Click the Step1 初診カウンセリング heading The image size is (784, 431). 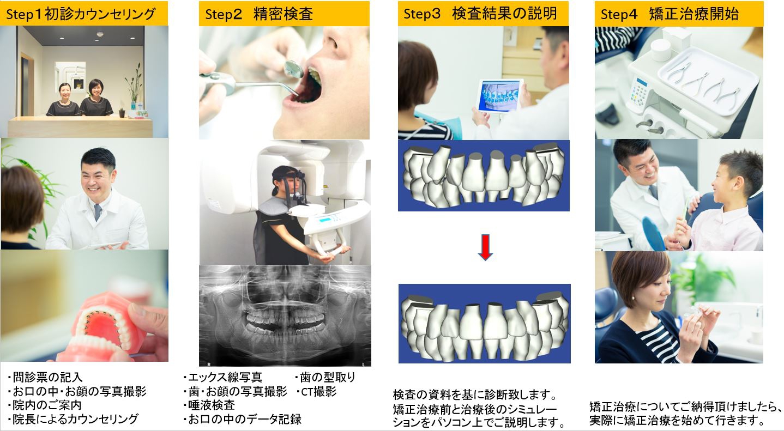[81, 14]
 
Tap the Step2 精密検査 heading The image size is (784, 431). [258, 14]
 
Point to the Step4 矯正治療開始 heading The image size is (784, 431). [670, 14]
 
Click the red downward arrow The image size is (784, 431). [485, 247]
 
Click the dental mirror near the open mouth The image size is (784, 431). [293, 69]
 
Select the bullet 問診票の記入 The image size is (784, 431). [45, 377]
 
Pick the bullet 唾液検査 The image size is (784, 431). [209, 405]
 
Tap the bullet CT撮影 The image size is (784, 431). [316, 391]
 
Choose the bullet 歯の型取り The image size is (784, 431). [325, 377]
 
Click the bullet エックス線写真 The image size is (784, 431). [222, 377]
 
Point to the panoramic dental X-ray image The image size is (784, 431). [285, 315]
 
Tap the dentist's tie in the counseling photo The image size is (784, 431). [98, 212]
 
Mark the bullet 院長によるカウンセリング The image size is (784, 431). [73, 419]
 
